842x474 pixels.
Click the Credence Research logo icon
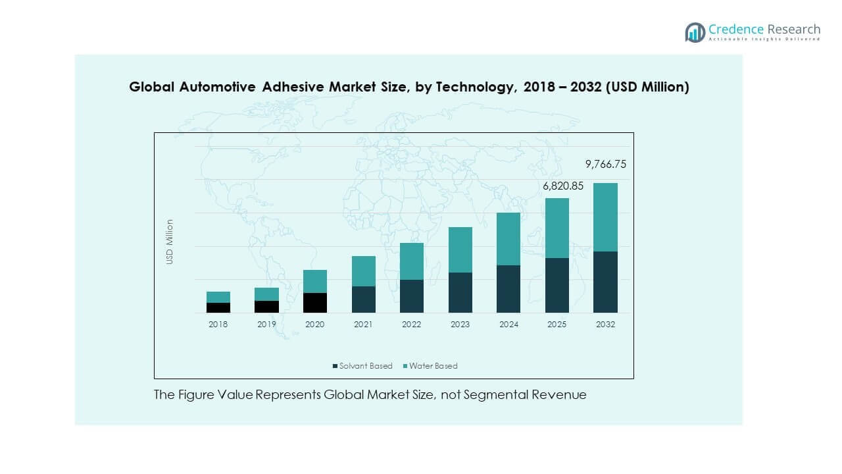pyautogui.click(x=695, y=32)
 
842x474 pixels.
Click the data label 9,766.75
pyautogui.click(x=605, y=165)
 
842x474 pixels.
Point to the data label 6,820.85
pyautogui.click(x=562, y=186)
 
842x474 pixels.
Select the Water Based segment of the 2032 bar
pyautogui.click(x=605, y=217)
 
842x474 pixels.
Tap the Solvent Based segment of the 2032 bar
pyautogui.click(x=605, y=282)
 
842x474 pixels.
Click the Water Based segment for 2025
pyautogui.click(x=557, y=228)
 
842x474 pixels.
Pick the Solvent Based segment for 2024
pyautogui.click(x=508, y=289)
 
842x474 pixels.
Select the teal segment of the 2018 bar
pyautogui.click(x=218, y=297)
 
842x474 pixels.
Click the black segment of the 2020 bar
pyautogui.click(x=315, y=303)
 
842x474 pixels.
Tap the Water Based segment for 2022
pyautogui.click(x=412, y=261)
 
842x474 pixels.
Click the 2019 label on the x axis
pyautogui.click(x=266, y=325)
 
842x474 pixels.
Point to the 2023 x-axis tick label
pyautogui.click(x=460, y=325)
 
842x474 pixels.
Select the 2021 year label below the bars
pyautogui.click(x=363, y=325)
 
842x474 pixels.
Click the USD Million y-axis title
pyautogui.click(x=170, y=242)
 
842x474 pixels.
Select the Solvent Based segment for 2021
pyautogui.click(x=363, y=300)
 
